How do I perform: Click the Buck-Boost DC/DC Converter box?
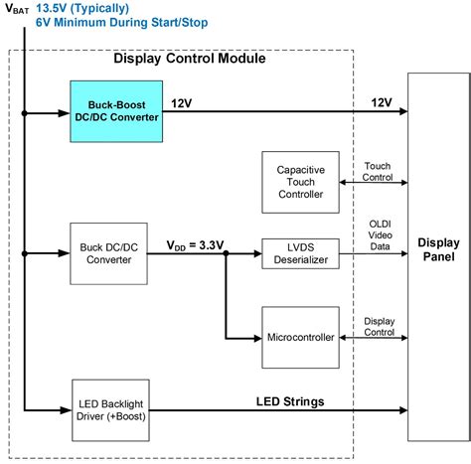[x=115, y=111]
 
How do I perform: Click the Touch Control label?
[x=379, y=171]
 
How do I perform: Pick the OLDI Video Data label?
[x=379, y=232]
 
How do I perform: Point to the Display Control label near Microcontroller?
[x=379, y=326]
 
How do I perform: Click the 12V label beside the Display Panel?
[x=380, y=102]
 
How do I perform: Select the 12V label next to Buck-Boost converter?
[x=182, y=102]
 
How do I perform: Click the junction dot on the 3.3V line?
[x=227, y=254]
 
